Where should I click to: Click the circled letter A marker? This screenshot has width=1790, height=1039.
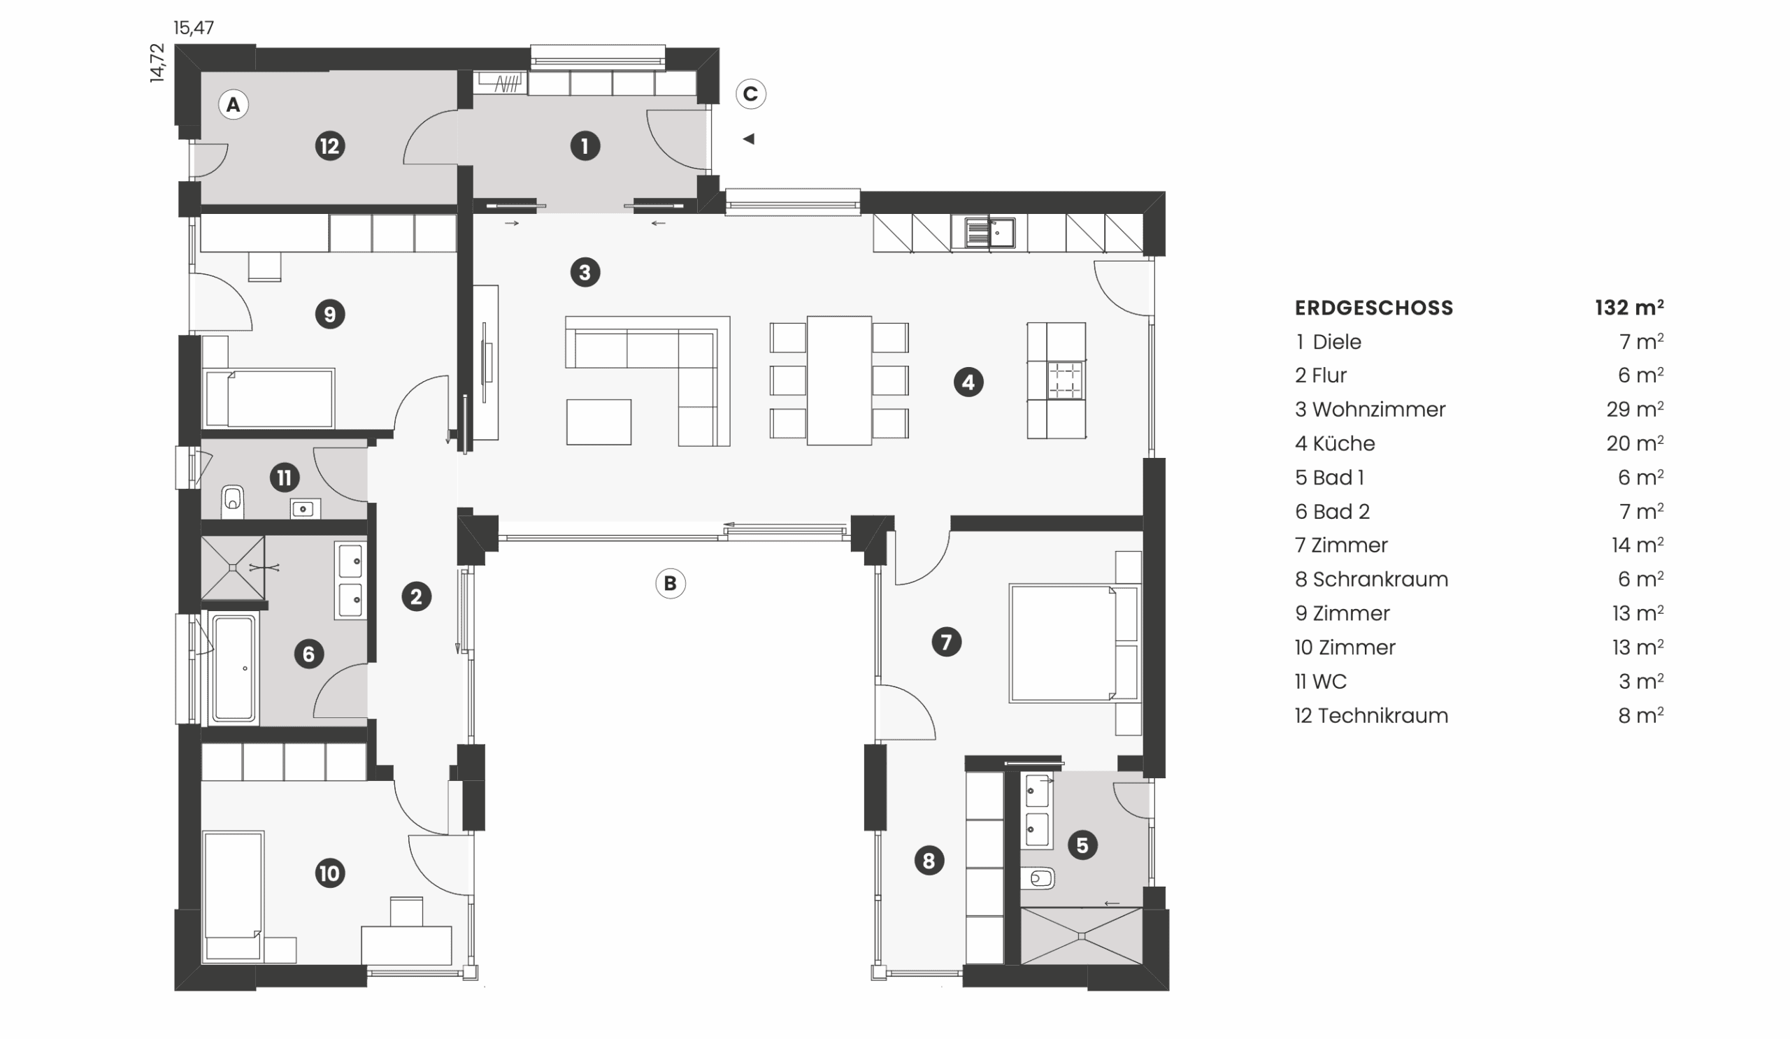point(233,105)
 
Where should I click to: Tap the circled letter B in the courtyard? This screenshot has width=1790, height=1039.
point(670,584)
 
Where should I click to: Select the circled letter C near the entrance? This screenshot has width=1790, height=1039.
point(750,94)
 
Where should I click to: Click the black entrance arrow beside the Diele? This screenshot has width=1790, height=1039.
point(748,139)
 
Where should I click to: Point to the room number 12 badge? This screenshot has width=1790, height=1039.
point(329,146)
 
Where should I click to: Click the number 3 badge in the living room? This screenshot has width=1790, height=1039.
point(585,272)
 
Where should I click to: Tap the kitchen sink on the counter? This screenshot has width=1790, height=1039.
point(990,232)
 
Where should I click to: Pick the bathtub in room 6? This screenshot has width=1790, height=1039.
point(234,669)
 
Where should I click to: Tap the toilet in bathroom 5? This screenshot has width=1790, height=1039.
point(1038,878)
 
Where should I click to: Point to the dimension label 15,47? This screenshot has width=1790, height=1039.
point(193,28)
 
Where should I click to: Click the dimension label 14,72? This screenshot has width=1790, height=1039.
point(157,63)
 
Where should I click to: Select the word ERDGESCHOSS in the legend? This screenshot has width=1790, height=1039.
point(1374,308)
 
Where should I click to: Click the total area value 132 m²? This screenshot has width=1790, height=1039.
point(1628,308)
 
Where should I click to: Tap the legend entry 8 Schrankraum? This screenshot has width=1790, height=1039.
point(1371,580)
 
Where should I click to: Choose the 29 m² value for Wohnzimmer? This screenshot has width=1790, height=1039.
point(1635,409)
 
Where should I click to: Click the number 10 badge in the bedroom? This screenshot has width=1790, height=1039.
point(329,873)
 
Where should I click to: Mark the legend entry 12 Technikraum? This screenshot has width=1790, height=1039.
point(1371,716)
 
